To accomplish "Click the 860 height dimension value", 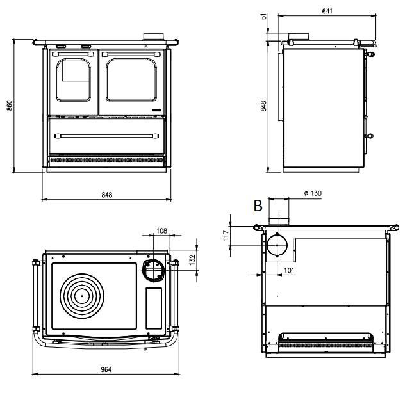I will [x=9, y=106].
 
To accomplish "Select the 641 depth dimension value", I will [x=327, y=12].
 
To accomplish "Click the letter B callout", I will [x=258, y=206].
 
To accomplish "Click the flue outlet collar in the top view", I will [x=154, y=270].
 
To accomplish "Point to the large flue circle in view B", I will [x=277, y=245].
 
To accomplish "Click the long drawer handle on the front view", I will [x=108, y=135].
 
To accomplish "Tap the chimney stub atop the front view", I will [x=153, y=37].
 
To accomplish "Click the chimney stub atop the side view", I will [x=298, y=37].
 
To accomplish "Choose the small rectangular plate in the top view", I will [x=154, y=305].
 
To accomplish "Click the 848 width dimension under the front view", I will [x=107, y=195].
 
